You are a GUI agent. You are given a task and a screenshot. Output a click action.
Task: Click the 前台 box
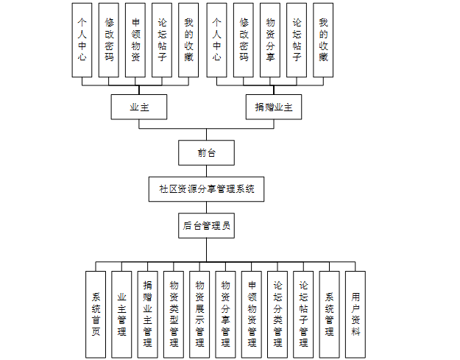[206, 152]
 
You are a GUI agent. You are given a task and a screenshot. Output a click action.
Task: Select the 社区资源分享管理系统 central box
[206, 189]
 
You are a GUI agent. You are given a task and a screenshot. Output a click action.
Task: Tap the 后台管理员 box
[206, 226]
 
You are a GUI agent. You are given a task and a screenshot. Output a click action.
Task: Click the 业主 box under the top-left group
[139, 107]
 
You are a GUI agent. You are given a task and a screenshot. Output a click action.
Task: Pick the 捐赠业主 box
[274, 107]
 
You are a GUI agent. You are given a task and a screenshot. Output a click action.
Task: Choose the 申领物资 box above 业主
[135, 40]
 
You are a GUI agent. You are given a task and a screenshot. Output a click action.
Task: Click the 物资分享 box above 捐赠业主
[270, 40]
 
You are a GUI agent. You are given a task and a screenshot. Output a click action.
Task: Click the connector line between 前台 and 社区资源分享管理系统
[206, 171]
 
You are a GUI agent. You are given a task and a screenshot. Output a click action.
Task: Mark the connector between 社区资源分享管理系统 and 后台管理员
[206, 208]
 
